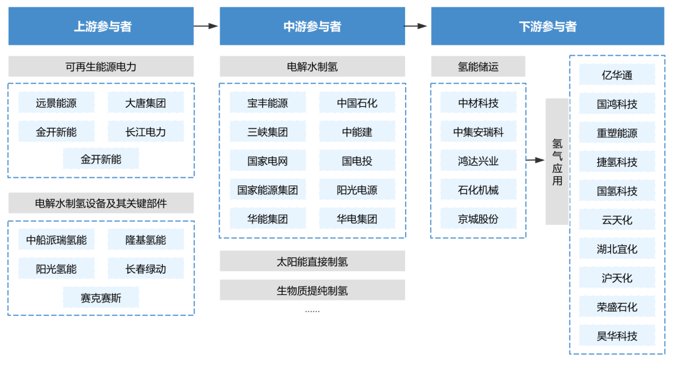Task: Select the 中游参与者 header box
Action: coord(312,26)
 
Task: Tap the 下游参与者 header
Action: coord(547,26)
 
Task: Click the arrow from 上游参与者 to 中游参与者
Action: coord(206,26)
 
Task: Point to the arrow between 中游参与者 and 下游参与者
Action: coord(416,26)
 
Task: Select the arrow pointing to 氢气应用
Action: coord(535,160)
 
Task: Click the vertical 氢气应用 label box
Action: coord(557,161)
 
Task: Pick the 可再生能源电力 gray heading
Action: coord(100,66)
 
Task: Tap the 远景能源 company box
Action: coord(56,103)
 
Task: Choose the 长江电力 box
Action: coord(145,132)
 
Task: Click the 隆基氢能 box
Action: coord(145,240)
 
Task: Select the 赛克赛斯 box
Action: coord(100,298)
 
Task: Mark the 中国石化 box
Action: coord(357,103)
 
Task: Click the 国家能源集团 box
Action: coord(267,190)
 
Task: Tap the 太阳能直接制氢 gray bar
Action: coord(312,262)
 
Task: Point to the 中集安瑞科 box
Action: coord(478,132)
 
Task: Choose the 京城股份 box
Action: coord(478,219)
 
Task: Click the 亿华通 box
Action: coord(617,75)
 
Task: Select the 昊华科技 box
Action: coord(617,336)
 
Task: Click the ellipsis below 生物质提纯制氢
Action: coord(312,310)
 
